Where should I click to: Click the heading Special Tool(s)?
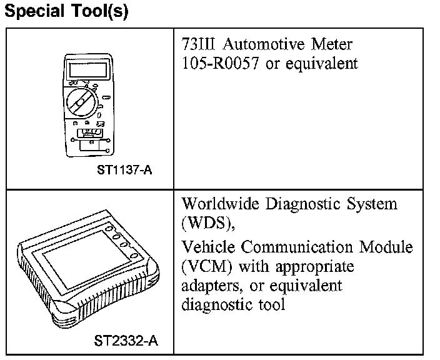66,12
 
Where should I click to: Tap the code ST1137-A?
124,170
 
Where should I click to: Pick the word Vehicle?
207,247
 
